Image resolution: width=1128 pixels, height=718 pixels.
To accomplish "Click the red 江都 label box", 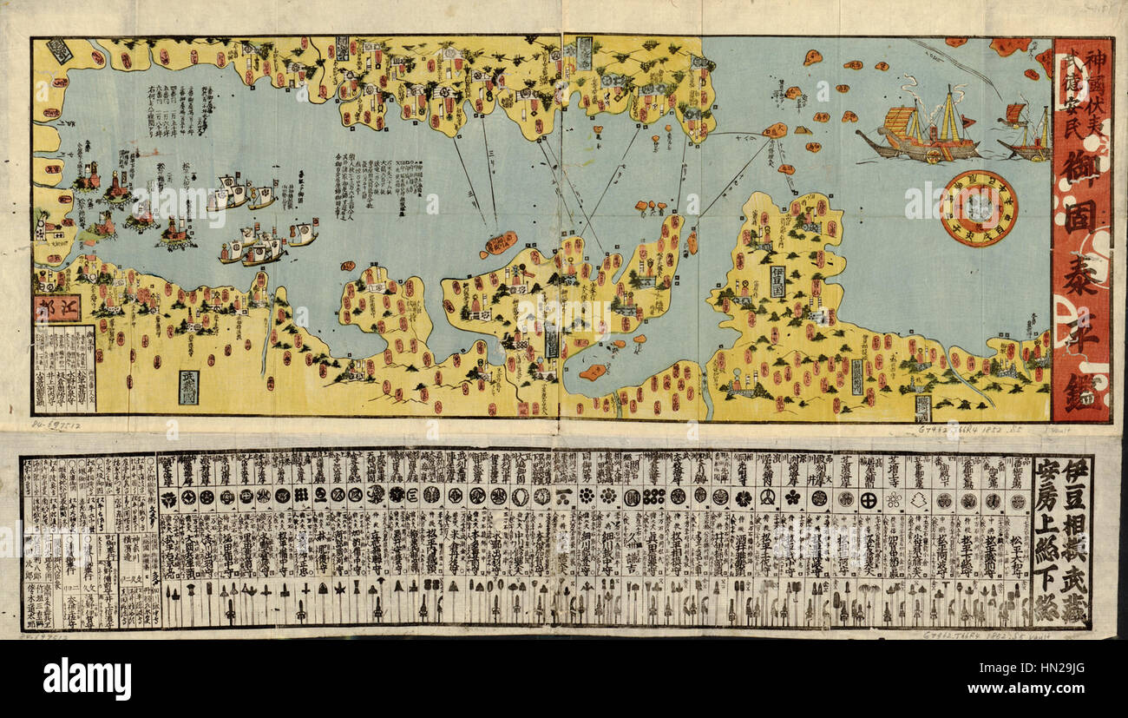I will click(57, 308).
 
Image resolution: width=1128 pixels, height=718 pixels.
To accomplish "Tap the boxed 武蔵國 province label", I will click(188, 387).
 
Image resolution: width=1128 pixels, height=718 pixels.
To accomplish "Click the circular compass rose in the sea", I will click(979, 207).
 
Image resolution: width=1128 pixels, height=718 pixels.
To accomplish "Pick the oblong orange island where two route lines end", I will click(501, 243).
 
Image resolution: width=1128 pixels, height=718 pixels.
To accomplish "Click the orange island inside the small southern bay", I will click(594, 372).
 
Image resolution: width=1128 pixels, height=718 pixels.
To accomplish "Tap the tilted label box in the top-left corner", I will click(60, 51).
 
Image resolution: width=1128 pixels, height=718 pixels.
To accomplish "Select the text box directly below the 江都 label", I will click(64, 368).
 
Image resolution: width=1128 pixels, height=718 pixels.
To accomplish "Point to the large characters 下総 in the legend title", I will click(1047, 599).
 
